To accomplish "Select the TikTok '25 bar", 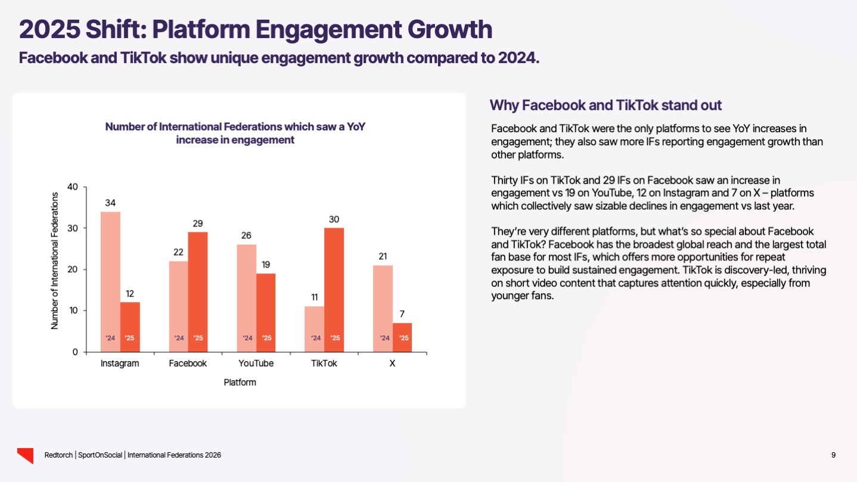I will tap(334, 290).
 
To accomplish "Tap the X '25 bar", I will tap(402, 337).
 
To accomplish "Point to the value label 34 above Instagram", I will tap(110, 203).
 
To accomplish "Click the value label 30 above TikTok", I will tap(334, 219).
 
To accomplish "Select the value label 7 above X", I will tap(402, 314).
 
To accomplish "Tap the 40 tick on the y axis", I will tap(73, 187).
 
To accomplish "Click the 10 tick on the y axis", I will tap(73, 311).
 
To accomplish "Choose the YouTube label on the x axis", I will tap(257, 363).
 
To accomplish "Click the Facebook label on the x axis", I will tap(188, 363).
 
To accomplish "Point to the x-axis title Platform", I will tap(240, 383).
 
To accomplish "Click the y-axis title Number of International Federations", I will tap(55, 260).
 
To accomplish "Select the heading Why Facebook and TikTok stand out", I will tap(606, 106).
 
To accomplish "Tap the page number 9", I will tap(833, 455).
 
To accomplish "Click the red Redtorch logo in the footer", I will tap(25, 455).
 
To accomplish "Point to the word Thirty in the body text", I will tap(505, 180).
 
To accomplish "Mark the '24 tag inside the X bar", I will tap(385, 338).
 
